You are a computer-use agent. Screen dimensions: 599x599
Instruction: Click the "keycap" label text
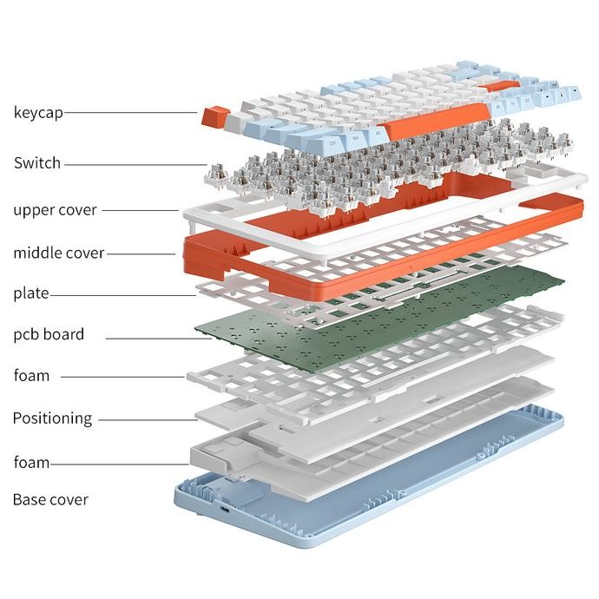coord(38,112)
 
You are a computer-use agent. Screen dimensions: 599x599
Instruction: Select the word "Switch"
coord(37,162)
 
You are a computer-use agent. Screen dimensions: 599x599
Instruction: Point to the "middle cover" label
coord(58,253)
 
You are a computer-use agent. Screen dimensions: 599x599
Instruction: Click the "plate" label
coord(30,293)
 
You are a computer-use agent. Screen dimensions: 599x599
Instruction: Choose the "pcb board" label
coord(49,334)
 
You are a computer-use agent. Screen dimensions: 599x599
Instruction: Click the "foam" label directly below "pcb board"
coord(31,376)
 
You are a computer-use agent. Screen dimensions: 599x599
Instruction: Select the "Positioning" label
coord(52,418)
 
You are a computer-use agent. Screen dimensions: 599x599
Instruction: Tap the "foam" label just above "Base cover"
coord(31,462)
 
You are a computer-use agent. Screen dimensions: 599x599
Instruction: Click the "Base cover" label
coord(49,500)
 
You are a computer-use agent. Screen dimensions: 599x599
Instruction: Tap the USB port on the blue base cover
coord(227,510)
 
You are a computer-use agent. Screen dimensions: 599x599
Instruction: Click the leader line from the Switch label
coord(135,163)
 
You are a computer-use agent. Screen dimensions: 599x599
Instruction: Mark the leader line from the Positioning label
coord(148,419)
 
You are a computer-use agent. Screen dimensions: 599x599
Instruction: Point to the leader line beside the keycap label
coord(130,112)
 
